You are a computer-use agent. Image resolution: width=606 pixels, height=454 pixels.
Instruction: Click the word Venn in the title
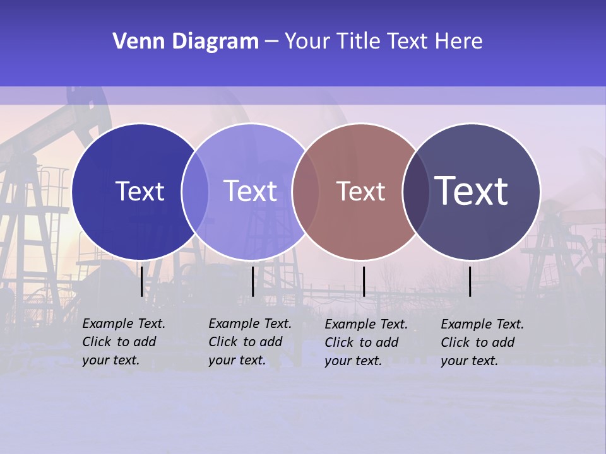(x=134, y=42)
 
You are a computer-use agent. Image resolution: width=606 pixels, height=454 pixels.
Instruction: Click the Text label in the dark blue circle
(x=140, y=191)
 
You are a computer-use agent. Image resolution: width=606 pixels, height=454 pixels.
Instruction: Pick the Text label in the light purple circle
(x=250, y=191)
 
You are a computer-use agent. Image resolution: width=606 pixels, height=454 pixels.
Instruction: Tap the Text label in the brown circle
(x=360, y=191)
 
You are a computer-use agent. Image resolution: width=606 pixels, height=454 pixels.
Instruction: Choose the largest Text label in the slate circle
(x=472, y=190)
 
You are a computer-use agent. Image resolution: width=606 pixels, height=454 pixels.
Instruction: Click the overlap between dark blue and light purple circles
(x=195, y=191)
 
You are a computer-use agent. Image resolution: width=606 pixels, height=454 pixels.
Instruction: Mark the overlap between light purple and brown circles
(x=305, y=191)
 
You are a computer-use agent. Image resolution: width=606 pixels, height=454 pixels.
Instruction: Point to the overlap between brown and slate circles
(x=415, y=191)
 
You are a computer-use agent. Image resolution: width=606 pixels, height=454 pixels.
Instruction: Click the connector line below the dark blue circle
(x=141, y=281)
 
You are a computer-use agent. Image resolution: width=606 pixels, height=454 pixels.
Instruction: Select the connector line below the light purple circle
(x=252, y=281)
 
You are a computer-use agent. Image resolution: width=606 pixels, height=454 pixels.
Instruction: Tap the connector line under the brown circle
(x=364, y=281)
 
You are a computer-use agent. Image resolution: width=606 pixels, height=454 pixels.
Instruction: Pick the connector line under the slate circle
(x=470, y=281)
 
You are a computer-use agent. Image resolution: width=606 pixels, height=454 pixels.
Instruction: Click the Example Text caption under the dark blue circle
(x=123, y=342)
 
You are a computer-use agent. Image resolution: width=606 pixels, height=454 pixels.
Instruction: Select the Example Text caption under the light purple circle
(x=249, y=342)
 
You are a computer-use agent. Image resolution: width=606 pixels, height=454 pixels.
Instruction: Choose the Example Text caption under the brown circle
(x=365, y=342)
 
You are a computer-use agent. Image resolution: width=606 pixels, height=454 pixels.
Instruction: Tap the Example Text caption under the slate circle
(x=482, y=342)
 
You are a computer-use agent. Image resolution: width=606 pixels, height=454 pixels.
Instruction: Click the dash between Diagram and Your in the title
(x=271, y=42)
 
